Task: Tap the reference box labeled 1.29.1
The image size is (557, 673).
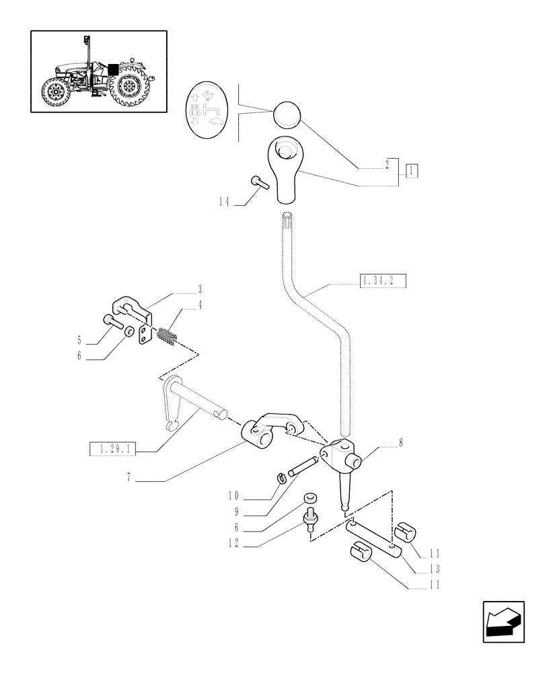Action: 112,449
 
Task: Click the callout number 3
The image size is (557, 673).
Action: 200,291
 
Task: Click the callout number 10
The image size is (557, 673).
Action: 233,497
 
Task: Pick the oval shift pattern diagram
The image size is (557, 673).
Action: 208,109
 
